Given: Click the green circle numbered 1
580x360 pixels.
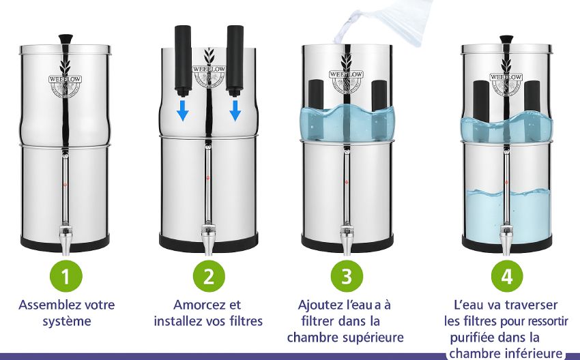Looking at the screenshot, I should (66, 276).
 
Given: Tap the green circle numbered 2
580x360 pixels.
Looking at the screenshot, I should (209, 276).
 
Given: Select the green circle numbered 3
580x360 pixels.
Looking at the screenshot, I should (347, 276).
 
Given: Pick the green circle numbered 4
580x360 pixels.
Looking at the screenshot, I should (506, 276).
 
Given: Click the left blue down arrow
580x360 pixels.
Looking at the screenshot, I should (183, 110).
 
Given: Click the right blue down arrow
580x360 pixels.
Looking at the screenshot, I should (235, 110).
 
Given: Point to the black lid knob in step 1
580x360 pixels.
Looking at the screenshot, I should (66, 39).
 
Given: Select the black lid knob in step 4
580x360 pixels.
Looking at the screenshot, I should (506, 39).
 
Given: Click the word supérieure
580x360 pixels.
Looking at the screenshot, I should (372, 337).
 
